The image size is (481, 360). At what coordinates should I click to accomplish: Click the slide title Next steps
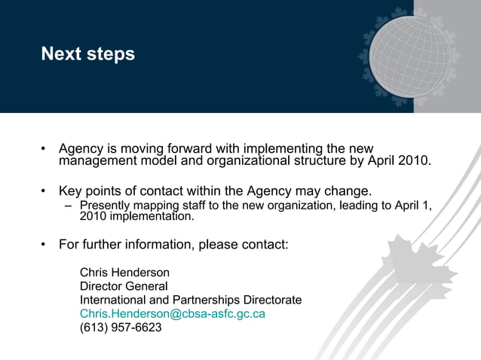tap(88, 54)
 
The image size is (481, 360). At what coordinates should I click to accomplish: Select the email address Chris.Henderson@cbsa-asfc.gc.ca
tap(173, 313)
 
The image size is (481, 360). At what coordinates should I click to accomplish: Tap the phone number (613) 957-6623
tap(121, 327)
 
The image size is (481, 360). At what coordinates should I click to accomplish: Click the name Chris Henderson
tap(124, 272)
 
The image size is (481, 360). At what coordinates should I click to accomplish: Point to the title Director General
tap(124, 286)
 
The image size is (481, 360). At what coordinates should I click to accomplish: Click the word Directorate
tap(270, 300)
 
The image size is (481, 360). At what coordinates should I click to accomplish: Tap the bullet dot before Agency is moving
tap(44, 148)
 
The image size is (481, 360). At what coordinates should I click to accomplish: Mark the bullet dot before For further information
tap(44, 246)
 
